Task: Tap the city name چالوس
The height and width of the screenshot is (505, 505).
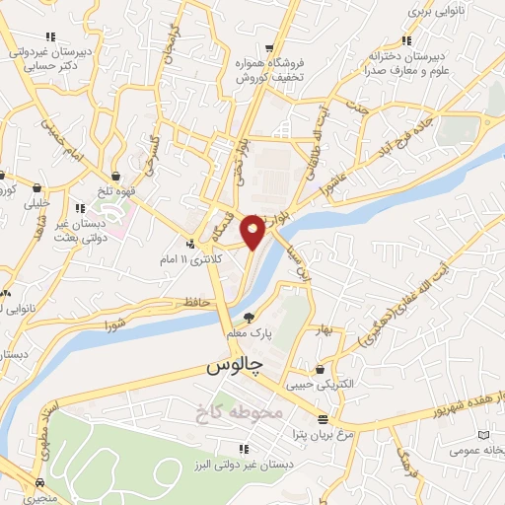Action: tap(235, 366)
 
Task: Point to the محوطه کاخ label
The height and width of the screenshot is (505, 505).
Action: tap(248, 410)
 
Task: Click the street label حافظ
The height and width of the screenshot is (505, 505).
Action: tap(195, 302)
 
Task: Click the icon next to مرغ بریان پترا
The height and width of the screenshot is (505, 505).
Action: tap(322, 418)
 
